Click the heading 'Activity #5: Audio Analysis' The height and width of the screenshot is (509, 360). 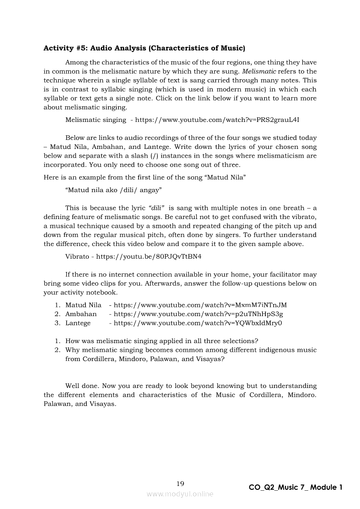(144, 48)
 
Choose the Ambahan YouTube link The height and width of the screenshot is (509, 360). (198, 314)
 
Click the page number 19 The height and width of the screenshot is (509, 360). (180, 483)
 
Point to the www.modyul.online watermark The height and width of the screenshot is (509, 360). (180, 494)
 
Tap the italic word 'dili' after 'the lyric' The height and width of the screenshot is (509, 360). (156, 208)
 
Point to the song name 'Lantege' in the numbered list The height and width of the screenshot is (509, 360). (78, 323)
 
